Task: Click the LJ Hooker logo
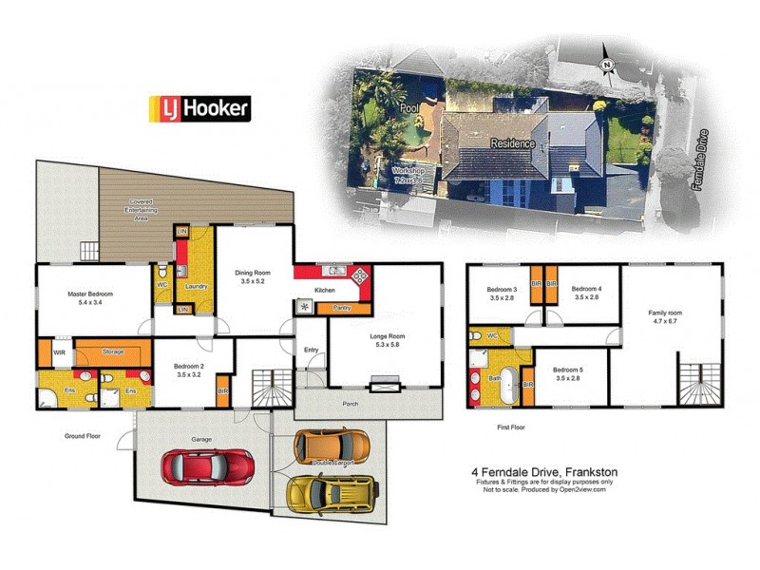[199, 108]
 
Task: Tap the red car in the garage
[208, 466]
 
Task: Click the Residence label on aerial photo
[513, 143]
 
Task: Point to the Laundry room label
[196, 286]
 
